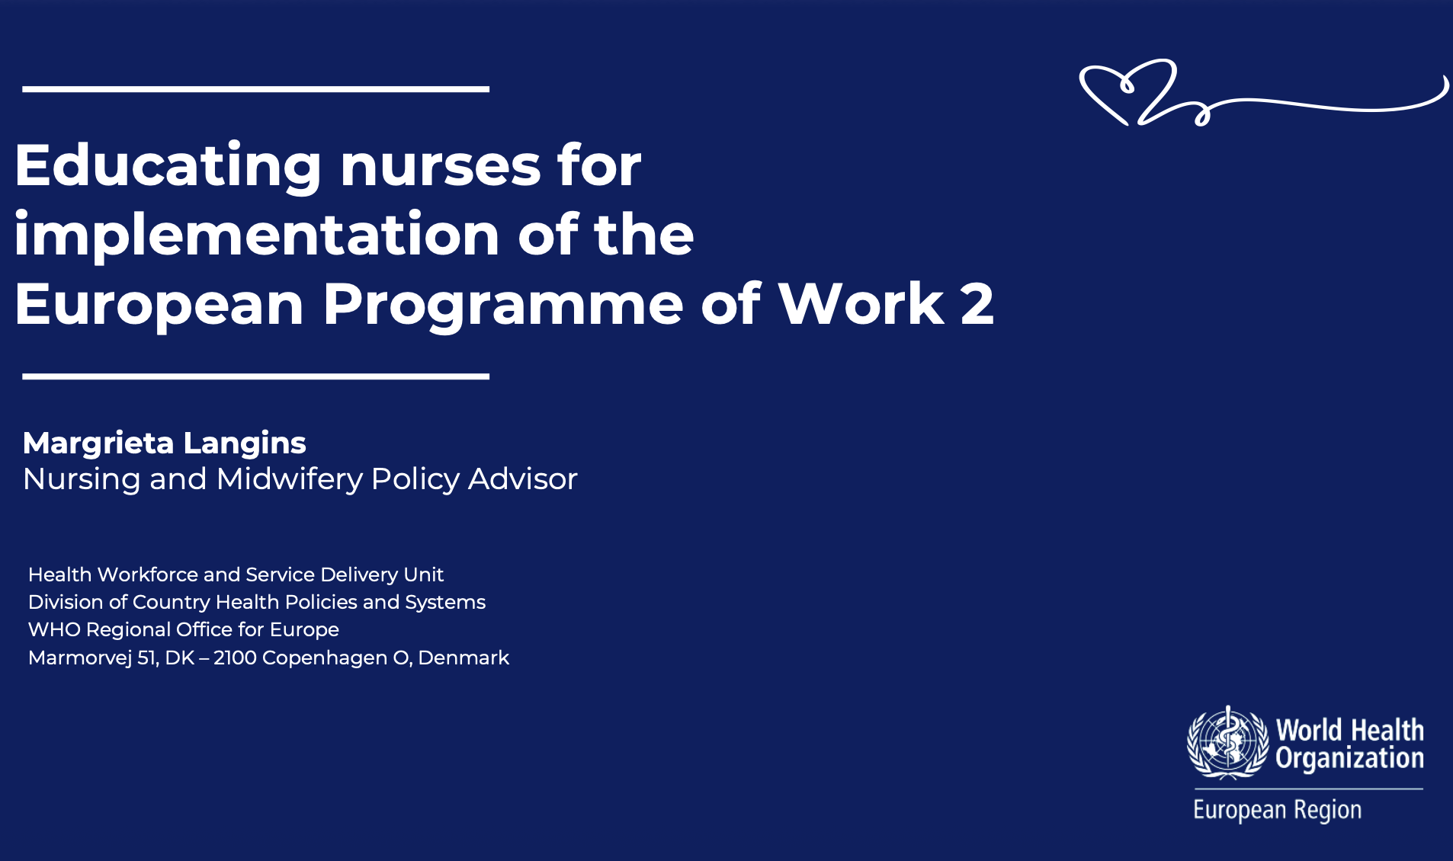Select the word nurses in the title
click(x=441, y=165)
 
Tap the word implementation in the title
click(x=257, y=235)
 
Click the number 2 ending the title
click(x=977, y=304)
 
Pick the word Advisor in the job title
click(x=523, y=479)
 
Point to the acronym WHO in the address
click(x=54, y=630)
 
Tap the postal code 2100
click(x=235, y=658)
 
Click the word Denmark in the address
click(x=463, y=658)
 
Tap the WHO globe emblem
click(x=1227, y=743)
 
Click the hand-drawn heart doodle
click(x=1128, y=91)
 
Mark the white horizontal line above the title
click(x=256, y=89)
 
